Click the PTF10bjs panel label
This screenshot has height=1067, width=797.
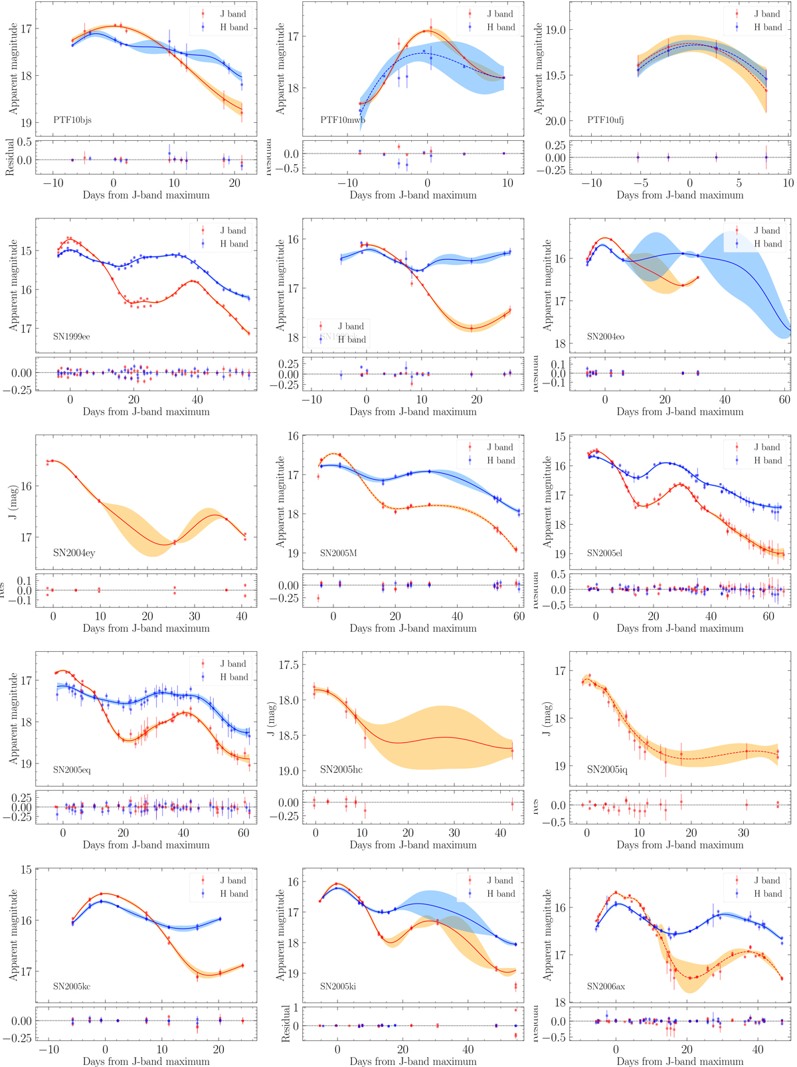pos(72,120)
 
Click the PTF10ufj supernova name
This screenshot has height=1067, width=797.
pos(605,120)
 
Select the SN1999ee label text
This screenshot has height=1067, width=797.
pos(72,337)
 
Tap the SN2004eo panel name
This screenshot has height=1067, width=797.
pos(605,337)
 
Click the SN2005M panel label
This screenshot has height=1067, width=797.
pos(337,553)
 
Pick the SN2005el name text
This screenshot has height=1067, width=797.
pos(604,553)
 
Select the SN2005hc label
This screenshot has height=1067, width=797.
pos(341,769)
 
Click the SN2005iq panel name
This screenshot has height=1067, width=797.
pos(606,769)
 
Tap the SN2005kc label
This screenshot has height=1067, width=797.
pos(72,986)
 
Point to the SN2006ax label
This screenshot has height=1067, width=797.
pos(606,986)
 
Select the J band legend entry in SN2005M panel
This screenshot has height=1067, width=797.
pos(500,447)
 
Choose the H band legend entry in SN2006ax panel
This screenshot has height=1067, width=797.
pos(767,894)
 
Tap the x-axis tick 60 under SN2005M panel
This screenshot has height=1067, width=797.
pos(519,617)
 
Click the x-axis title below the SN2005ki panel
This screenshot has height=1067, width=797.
pos(413,1062)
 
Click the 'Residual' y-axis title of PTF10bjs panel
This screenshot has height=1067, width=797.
pos(10,157)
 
